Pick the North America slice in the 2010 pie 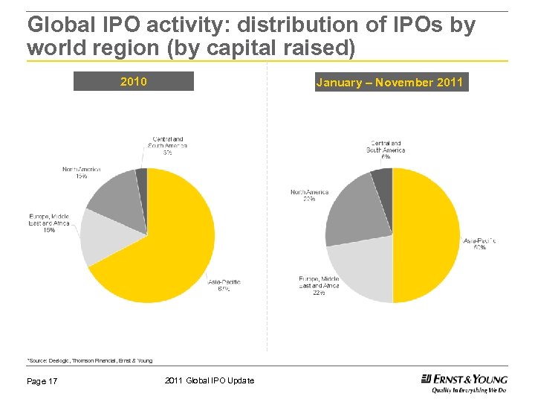(x=119, y=197)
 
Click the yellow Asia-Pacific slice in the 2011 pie (x=427, y=234)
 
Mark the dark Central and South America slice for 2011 (x=383, y=179)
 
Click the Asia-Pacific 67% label (x=224, y=285)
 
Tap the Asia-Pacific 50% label (x=479, y=243)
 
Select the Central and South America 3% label (x=168, y=146)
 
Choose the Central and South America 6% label (x=386, y=150)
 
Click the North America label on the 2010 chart (x=82, y=173)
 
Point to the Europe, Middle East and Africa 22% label (x=319, y=286)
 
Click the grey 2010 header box (x=134, y=81)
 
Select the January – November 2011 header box (x=389, y=82)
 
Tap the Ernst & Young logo (x=464, y=383)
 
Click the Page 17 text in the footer (x=42, y=381)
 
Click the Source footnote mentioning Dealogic (x=90, y=360)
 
